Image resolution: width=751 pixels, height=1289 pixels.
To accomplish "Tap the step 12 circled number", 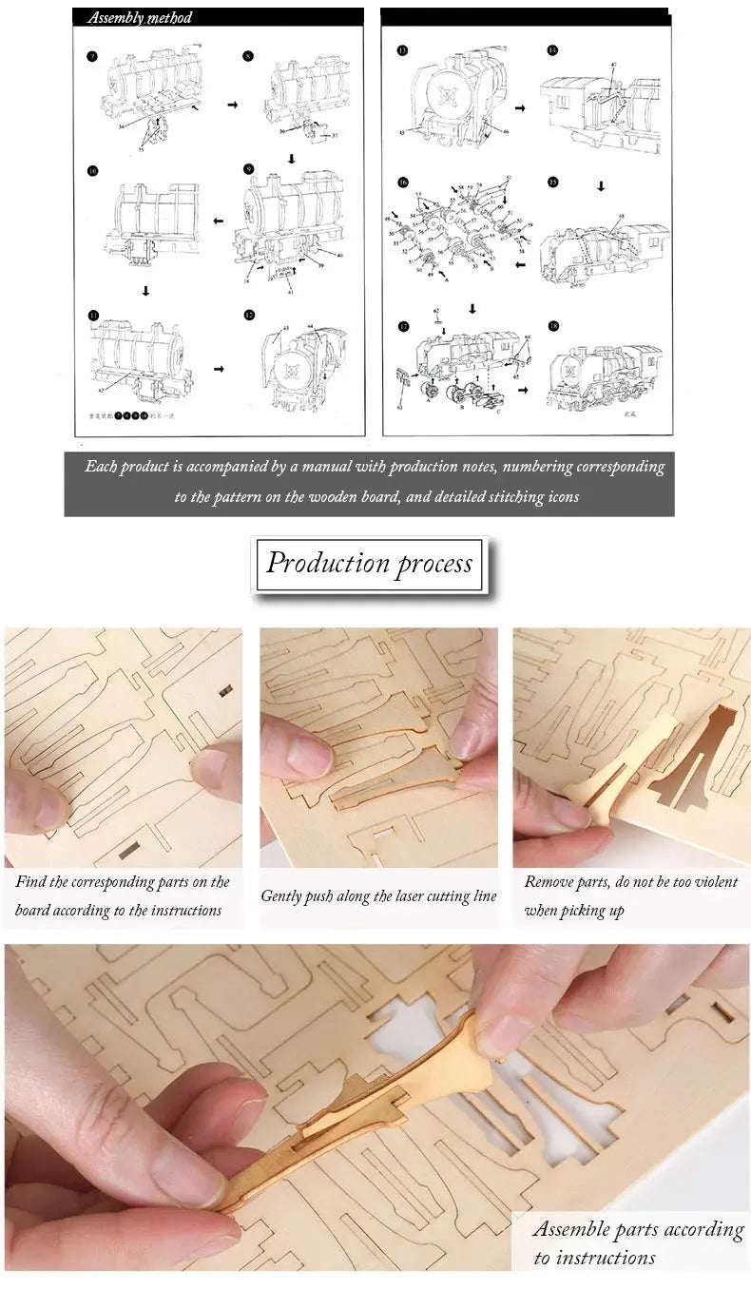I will (248, 315).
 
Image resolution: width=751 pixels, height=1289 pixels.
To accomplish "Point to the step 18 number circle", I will (552, 326).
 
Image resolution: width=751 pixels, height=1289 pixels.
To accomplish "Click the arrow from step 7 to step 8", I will (232, 105).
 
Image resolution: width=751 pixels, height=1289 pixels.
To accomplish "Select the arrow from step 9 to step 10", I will (218, 221).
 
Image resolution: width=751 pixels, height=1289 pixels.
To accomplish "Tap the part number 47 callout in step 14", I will (614, 64).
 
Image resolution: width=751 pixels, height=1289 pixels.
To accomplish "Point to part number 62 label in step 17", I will (436, 312).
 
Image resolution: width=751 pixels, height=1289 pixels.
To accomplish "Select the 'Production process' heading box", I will (369, 563).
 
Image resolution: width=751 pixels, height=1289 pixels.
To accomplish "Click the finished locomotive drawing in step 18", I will (606, 371).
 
